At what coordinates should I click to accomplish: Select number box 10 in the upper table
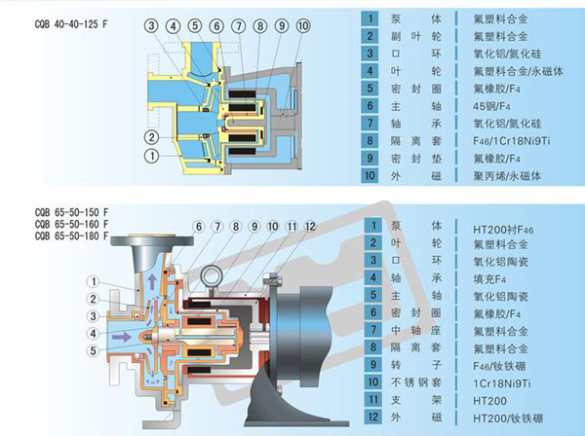coord(370,176)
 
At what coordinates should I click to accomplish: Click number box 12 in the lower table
coord(370,417)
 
